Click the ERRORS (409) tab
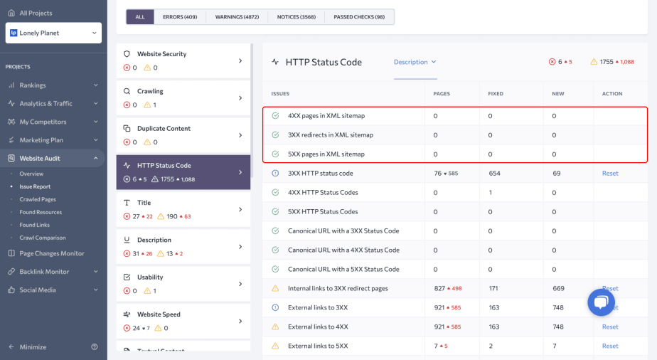click(x=180, y=17)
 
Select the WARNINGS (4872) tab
click(x=237, y=17)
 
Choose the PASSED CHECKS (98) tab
click(x=358, y=17)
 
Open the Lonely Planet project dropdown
click(x=53, y=33)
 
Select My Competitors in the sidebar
click(x=43, y=122)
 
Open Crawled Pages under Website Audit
click(x=38, y=199)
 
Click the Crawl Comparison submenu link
click(x=43, y=238)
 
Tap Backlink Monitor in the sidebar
click(x=44, y=272)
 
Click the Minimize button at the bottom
click(x=33, y=347)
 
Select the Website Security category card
click(x=183, y=60)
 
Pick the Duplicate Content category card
click(x=183, y=134)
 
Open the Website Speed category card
click(x=183, y=320)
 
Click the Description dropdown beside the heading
click(x=415, y=62)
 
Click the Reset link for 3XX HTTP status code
click(x=610, y=174)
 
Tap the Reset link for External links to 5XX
click(x=610, y=346)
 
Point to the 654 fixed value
click(x=495, y=174)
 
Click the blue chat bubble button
click(x=601, y=302)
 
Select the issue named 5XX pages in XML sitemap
click(x=326, y=154)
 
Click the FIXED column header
click(x=496, y=94)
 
